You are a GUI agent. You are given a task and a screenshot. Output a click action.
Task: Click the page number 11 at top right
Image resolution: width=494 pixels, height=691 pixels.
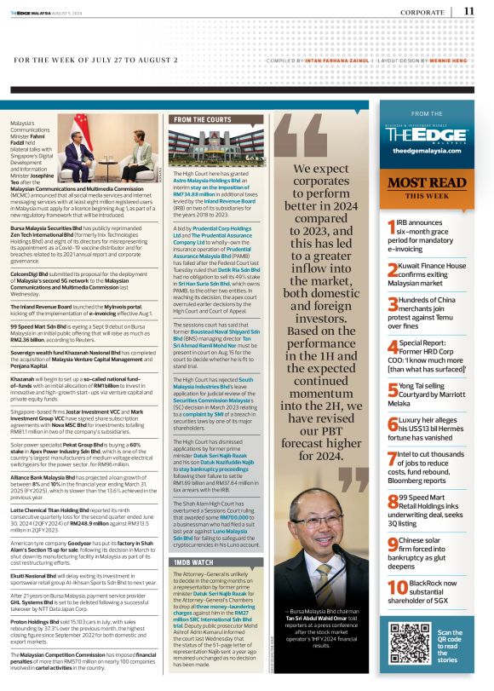click(x=469, y=10)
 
